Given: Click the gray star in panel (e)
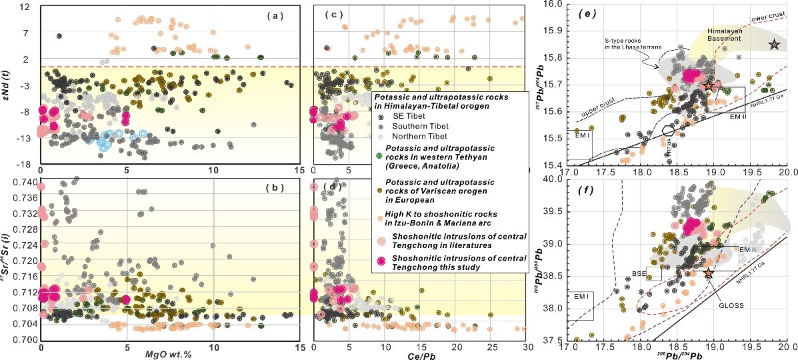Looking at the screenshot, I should click(x=773, y=44).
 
